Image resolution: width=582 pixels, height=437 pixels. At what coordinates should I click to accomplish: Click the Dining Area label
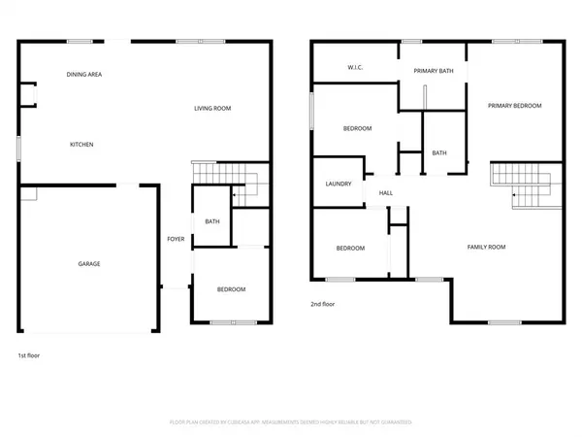pos(84,74)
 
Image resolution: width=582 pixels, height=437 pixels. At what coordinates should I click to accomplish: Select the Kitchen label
pos(81,145)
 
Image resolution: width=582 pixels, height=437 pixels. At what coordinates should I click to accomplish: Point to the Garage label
pos(89,263)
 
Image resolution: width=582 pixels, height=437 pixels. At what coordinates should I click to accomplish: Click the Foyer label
pos(176,238)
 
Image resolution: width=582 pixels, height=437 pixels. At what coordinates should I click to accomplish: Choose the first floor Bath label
pos(211,222)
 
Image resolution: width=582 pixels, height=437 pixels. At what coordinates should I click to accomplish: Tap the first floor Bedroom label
pos(231,289)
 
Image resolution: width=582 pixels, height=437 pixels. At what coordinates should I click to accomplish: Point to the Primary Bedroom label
pos(514,105)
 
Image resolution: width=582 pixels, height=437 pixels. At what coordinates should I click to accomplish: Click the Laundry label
pos(338,183)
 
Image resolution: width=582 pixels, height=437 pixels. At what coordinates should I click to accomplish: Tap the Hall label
pos(386,193)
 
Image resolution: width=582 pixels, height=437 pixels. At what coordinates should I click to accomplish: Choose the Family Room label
pos(487,248)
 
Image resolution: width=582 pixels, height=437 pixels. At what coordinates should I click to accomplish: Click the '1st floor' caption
pos(29,355)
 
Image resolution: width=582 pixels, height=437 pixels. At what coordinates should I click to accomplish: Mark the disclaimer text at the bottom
pos(291,422)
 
